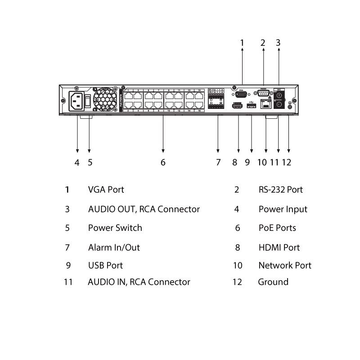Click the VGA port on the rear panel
(x=242, y=94)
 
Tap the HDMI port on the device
(x=238, y=106)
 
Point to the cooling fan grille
(x=104, y=99)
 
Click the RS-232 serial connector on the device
(x=264, y=94)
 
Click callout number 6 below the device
(x=163, y=162)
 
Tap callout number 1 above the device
(x=242, y=43)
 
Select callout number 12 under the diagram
(x=286, y=162)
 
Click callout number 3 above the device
(x=278, y=43)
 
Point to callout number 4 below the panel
(x=77, y=162)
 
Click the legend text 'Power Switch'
(x=115, y=228)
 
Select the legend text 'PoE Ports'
(x=277, y=228)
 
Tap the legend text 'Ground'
(x=273, y=282)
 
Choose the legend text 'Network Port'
(x=285, y=265)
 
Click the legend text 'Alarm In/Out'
(x=114, y=247)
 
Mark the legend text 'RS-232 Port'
(x=281, y=189)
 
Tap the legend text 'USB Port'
(x=105, y=265)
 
